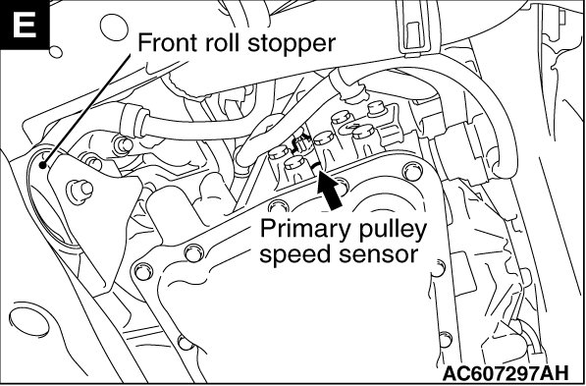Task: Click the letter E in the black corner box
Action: pyautogui.click(x=25, y=26)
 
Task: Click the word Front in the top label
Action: pyautogui.click(x=169, y=42)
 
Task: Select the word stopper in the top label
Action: pyautogui.click(x=292, y=45)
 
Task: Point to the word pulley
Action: pyautogui.click(x=389, y=229)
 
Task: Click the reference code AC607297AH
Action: pyautogui.click(x=506, y=373)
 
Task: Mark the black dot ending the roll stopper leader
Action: pyautogui.click(x=43, y=164)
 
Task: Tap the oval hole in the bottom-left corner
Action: pyautogui.click(x=29, y=322)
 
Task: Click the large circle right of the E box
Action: pyautogui.click(x=115, y=27)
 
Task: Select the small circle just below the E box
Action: pyautogui.click(x=56, y=52)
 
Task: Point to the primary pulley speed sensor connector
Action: pyautogui.click(x=302, y=144)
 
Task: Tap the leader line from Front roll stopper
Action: pyautogui.click(x=86, y=109)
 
